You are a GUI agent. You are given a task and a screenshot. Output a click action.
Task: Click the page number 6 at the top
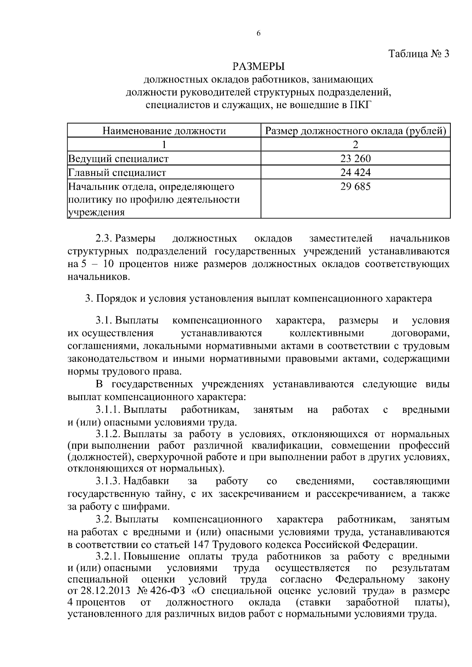(258, 34)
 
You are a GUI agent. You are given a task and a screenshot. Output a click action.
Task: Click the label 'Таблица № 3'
(419, 54)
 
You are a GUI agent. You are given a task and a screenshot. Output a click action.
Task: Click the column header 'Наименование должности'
(164, 131)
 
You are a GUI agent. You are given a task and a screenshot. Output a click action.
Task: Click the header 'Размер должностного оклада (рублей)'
(356, 131)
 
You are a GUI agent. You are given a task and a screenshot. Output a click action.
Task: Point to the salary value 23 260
(356, 159)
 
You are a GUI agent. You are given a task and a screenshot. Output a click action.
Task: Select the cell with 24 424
(356, 172)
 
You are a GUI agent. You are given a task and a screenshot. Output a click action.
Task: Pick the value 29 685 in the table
(356, 186)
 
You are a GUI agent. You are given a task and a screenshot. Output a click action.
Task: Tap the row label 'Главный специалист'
(117, 172)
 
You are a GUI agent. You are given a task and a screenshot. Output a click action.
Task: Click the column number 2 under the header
(356, 145)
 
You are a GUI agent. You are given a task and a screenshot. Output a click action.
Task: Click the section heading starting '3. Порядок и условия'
(258, 298)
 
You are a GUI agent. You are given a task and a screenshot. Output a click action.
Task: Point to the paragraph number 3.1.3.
(107, 481)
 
